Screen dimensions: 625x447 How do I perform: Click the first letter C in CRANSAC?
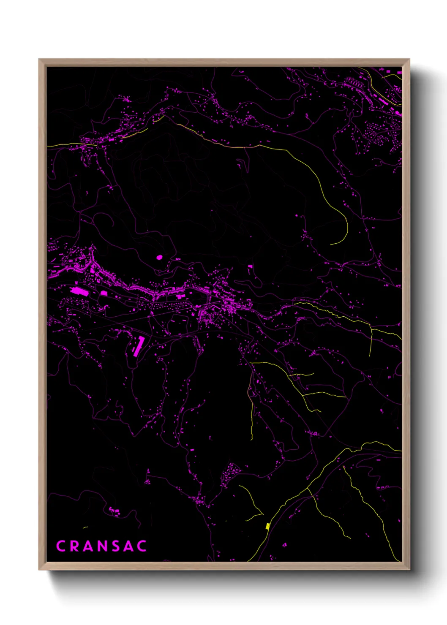(60, 546)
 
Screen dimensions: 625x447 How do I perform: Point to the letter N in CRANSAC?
(102, 546)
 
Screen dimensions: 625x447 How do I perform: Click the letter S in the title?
(115, 546)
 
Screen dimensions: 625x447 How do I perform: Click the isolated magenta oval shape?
(159, 257)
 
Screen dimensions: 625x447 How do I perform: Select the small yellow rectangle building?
(268, 526)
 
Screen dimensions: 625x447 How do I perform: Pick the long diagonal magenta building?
(138, 346)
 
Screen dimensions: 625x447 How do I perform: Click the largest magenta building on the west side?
(78, 291)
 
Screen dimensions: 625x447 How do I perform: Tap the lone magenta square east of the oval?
(250, 266)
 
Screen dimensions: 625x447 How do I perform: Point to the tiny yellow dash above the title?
(85, 527)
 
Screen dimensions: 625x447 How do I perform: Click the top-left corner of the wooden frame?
(39, 60)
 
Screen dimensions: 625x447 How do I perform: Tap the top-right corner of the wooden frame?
(409, 60)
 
